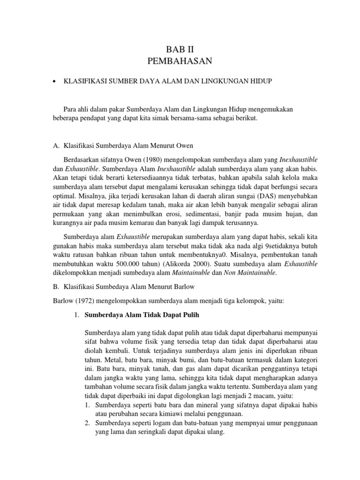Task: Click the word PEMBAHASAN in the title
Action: tap(180, 61)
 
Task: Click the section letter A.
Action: tap(55, 145)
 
